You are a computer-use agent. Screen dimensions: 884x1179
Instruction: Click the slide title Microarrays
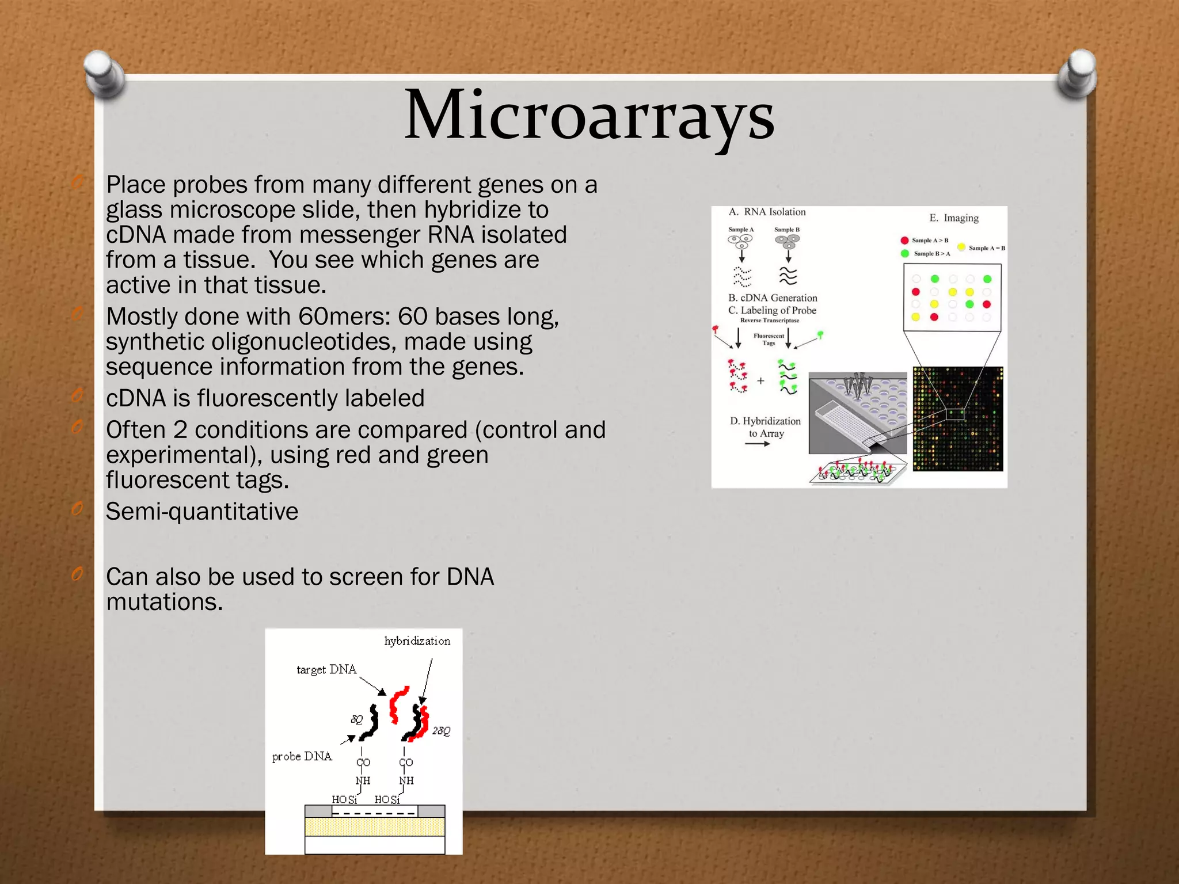pyautogui.click(x=589, y=115)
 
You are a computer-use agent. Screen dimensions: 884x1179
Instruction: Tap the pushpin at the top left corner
pyautogui.click(x=105, y=74)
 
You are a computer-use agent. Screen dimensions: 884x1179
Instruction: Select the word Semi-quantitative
pyautogui.click(x=202, y=512)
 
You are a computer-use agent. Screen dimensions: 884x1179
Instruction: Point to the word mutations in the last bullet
pyautogui.click(x=164, y=602)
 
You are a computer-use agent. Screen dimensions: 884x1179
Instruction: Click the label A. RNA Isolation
pyautogui.click(x=767, y=212)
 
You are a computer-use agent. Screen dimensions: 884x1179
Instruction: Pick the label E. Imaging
pyautogui.click(x=954, y=218)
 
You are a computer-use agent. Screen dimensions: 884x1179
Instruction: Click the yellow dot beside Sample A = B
pyautogui.click(x=961, y=247)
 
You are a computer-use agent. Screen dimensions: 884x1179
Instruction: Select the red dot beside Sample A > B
pyautogui.click(x=905, y=241)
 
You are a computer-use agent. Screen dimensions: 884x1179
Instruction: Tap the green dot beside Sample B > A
pyautogui.click(x=905, y=253)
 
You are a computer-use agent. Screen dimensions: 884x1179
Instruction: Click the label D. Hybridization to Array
pyautogui.click(x=766, y=427)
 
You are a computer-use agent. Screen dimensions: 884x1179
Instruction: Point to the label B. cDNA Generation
pyautogui.click(x=773, y=298)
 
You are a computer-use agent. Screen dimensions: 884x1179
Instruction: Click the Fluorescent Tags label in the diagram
pyautogui.click(x=769, y=340)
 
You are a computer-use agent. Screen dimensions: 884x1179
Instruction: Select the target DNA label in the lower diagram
pyautogui.click(x=326, y=670)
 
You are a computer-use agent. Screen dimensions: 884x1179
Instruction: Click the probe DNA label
pyautogui.click(x=302, y=757)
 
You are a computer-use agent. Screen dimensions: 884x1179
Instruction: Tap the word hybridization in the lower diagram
pyautogui.click(x=417, y=641)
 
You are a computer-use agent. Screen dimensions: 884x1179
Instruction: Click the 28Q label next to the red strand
pyautogui.click(x=441, y=731)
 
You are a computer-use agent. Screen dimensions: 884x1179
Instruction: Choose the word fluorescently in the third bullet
pyautogui.click(x=269, y=398)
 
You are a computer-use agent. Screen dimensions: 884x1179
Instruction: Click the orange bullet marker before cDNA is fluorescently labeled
pyautogui.click(x=77, y=396)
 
